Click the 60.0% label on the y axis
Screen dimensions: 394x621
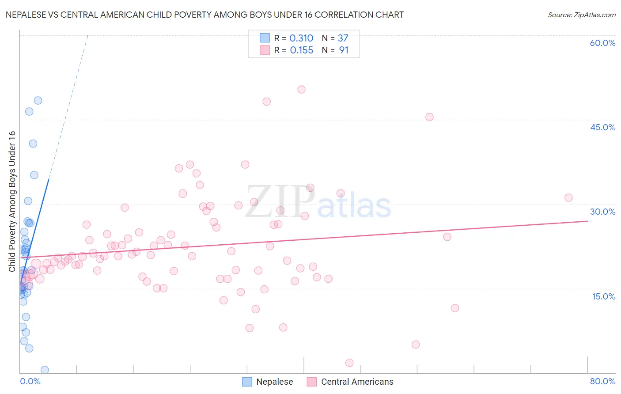pos(602,43)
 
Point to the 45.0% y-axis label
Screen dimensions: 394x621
pos(602,127)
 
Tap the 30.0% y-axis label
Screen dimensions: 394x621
pos(602,212)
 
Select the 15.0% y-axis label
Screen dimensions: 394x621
pos(603,296)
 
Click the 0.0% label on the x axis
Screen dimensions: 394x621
pos(30,381)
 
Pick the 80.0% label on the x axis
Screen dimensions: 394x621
pos(602,381)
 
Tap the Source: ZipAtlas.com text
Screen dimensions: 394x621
pos(581,15)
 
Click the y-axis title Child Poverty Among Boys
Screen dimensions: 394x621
pos(12,201)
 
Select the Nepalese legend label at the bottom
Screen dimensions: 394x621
pos(274,382)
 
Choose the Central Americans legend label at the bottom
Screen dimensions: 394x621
pos(357,382)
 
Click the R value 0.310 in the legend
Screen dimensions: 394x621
pos(301,38)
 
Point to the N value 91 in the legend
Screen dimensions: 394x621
pos(344,50)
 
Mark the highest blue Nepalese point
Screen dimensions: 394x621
pos(38,101)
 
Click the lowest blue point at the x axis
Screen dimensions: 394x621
pos(45,370)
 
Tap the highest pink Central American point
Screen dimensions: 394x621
pos(301,90)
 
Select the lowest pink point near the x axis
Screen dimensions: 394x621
pos(349,363)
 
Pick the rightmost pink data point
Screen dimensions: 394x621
pos(568,198)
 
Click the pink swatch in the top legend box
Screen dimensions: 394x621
pos(265,50)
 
